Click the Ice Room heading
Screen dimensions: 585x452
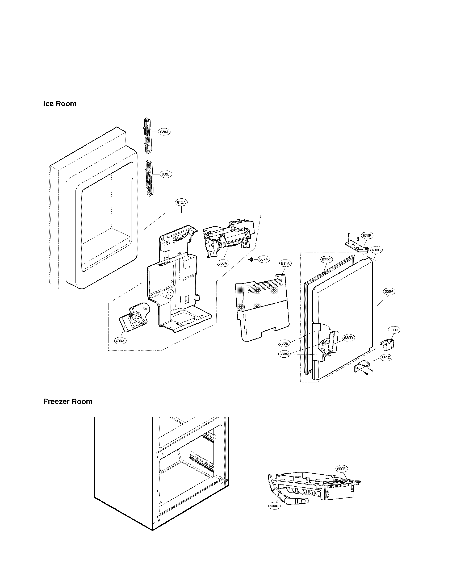[x=60, y=104]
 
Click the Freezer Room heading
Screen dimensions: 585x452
[x=68, y=402]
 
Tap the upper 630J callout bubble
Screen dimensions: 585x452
[x=164, y=132]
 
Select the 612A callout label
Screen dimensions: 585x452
[x=181, y=203]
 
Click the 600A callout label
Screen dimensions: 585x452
[x=223, y=263]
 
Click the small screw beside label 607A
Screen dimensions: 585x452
[x=252, y=259]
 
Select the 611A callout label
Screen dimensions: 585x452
[x=285, y=263]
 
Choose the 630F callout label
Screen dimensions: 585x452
[x=367, y=236]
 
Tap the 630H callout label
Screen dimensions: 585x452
[x=394, y=330]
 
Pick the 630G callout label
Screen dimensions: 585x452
[x=386, y=358]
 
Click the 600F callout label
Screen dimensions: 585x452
[x=341, y=469]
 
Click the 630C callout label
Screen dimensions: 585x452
[x=327, y=260]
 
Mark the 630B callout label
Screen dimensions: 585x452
[x=376, y=250]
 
